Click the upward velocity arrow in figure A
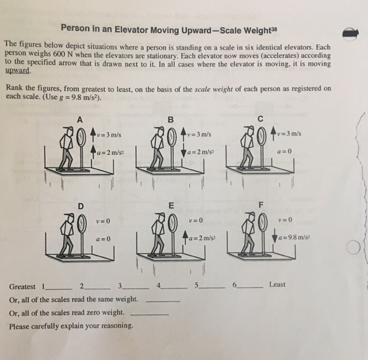pos(94,134)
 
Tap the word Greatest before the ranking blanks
pos(22,286)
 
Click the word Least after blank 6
pos(277,284)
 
